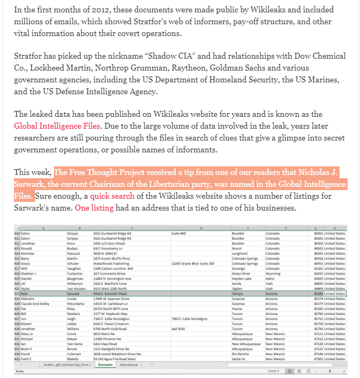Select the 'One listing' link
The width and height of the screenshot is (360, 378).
pyautogui.click(x=94, y=208)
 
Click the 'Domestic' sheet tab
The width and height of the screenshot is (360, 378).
pyautogui.click(x=105, y=365)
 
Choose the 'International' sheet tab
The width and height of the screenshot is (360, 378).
pyautogui.click(x=129, y=365)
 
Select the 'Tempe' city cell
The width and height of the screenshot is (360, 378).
pyautogui.click(x=237, y=293)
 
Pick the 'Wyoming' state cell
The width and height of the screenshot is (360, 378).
pyautogui.click(x=273, y=274)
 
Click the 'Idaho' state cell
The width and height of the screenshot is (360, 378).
pyautogui.click(x=271, y=278)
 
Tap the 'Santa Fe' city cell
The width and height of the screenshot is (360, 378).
pyautogui.click(x=238, y=359)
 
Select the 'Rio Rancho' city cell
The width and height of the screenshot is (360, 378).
pyautogui.click(x=241, y=354)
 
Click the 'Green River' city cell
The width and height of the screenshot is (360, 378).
pyautogui.click(x=241, y=274)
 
